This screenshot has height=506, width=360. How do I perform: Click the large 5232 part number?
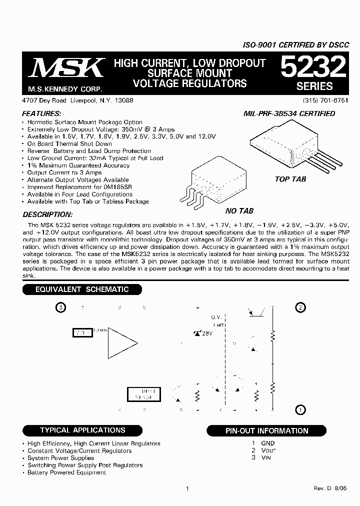tap(313, 67)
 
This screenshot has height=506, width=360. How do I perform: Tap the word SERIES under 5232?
tap(314, 86)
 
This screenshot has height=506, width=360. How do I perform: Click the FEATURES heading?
tap(42, 113)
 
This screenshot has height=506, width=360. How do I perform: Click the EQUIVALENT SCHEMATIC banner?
tap(81, 289)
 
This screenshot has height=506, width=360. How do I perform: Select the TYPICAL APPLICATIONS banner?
tap(82, 430)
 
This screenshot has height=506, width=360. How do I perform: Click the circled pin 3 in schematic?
tap(60, 307)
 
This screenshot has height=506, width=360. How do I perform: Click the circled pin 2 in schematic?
tap(300, 307)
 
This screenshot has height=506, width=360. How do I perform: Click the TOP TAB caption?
tap(290, 179)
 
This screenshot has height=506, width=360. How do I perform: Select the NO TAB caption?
tap(239, 211)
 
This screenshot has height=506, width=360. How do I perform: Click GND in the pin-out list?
tap(268, 443)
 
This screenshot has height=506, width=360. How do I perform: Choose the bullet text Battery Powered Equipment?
tap(66, 472)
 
